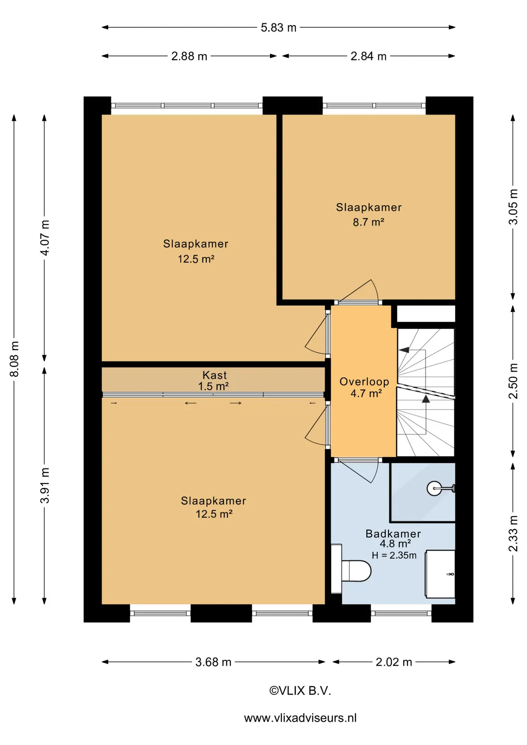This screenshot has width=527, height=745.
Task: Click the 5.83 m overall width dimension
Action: [x=278, y=28]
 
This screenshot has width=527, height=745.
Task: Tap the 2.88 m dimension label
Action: [x=189, y=56]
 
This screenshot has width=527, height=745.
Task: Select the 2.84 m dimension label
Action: [x=369, y=56]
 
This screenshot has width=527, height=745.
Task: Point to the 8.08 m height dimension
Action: [x=14, y=359]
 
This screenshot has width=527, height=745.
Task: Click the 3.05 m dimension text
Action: [x=513, y=207]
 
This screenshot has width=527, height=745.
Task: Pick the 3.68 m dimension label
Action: [x=213, y=662]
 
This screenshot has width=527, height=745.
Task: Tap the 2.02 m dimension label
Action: [x=394, y=662]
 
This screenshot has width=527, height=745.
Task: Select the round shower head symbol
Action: [x=434, y=489]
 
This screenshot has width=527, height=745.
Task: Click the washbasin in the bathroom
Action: [x=440, y=574]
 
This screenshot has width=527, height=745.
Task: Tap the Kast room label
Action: [x=215, y=375]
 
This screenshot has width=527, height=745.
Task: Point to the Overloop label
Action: [x=364, y=382]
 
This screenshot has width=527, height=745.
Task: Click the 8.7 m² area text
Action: [x=368, y=222]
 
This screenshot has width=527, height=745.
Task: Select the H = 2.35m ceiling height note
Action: [x=394, y=556]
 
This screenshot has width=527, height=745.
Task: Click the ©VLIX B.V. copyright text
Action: [x=300, y=691]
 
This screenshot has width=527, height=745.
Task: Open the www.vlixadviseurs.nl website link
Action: [x=300, y=718]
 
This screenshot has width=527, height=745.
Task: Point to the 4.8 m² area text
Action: [x=395, y=544]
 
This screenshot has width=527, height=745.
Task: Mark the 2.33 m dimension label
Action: [x=513, y=534]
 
